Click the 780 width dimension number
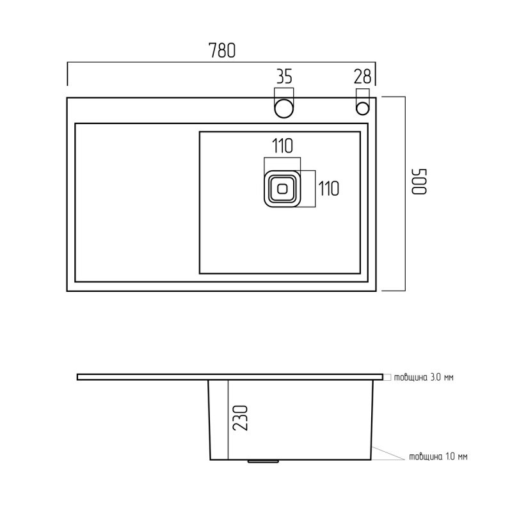[x=221, y=51]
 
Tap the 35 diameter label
[x=284, y=77]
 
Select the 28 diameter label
[x=362, y=77]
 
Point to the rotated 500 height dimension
[x=419, y=182]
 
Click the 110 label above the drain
[x=282, y=146]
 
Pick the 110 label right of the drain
[x=329, y=189]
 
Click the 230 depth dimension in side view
[x=241, y=418]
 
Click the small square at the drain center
[x=282, y=188]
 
